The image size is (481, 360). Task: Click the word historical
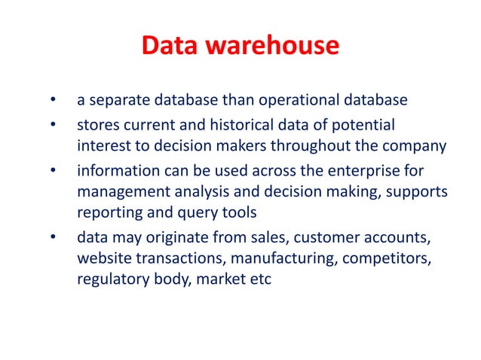(262, 123)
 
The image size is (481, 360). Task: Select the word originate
(177, 239)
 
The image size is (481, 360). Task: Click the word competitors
(383, 260)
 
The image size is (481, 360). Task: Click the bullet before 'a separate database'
(52, 100)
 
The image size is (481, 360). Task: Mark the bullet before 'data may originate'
(52, 240)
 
